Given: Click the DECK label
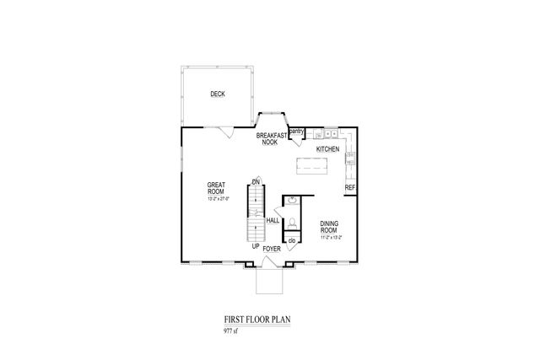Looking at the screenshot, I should pyautogui.click(x=219, y=94).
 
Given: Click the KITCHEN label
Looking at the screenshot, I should pyautogui.click(x=328, y=149).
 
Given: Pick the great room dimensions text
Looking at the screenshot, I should pyautogui.click(x=219, y=200).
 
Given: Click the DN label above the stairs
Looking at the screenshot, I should pyautogui.click(x=254, y=180).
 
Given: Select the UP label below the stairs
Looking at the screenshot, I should pyautogui.click(x=255, y=247).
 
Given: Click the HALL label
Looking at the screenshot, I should pyautogui.click(x=273, y=221).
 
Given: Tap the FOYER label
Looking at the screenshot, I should pyautogui.click(x=272, y=249).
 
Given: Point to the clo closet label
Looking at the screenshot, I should pyautogui.click(x=291, y=242).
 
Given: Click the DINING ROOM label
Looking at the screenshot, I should pyautogui.click(x=329, y=227).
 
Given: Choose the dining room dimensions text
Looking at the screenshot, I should pyautogui.click(x=330, y=239).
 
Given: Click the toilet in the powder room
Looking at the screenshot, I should pyautogui.click(x=290, y=223).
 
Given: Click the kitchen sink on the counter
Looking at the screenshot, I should pyautogui.click(x=330, y=134).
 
